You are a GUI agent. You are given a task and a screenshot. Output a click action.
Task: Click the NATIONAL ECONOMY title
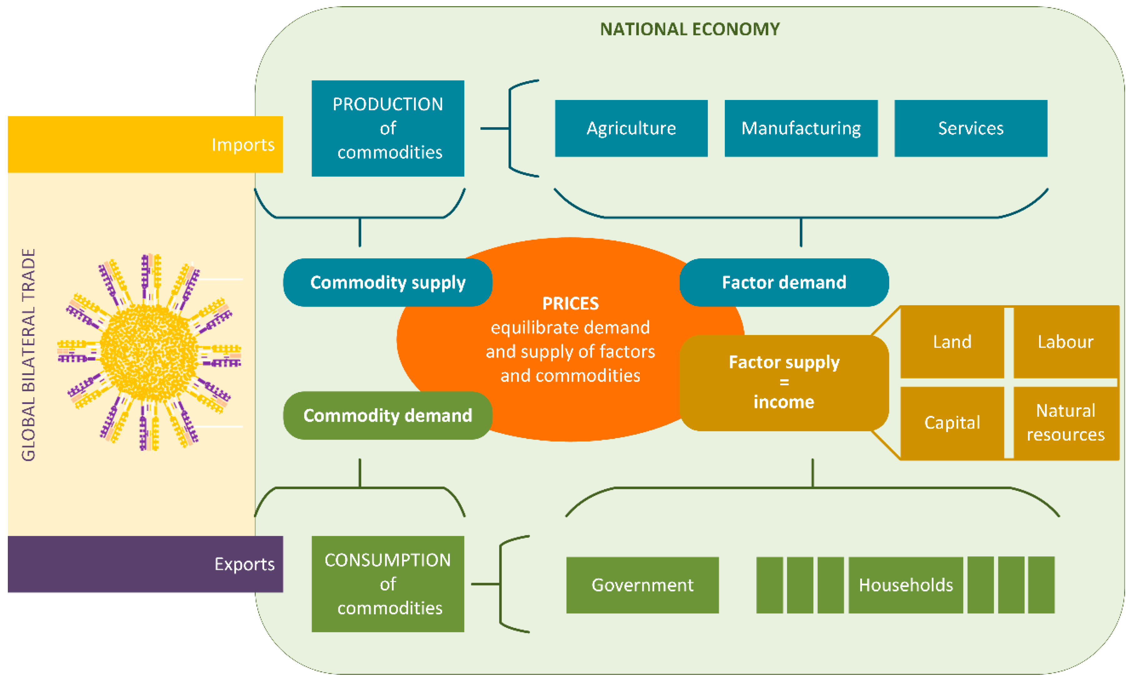coord(689,29)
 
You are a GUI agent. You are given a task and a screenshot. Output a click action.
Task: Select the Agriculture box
coord(631,128)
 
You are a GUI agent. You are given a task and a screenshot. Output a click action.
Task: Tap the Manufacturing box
coord(801,128)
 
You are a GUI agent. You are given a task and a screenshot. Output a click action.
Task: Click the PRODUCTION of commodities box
coord(388,128)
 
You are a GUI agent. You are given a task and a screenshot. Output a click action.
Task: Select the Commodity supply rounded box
coord(388,282)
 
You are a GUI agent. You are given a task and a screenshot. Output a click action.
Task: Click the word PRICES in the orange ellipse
coord(570,304)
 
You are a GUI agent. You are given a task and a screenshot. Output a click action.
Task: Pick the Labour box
coord(1065,342)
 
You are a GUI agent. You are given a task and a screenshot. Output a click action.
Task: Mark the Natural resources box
coord(1065,422)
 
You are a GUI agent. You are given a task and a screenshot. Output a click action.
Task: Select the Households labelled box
coord(905,585)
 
